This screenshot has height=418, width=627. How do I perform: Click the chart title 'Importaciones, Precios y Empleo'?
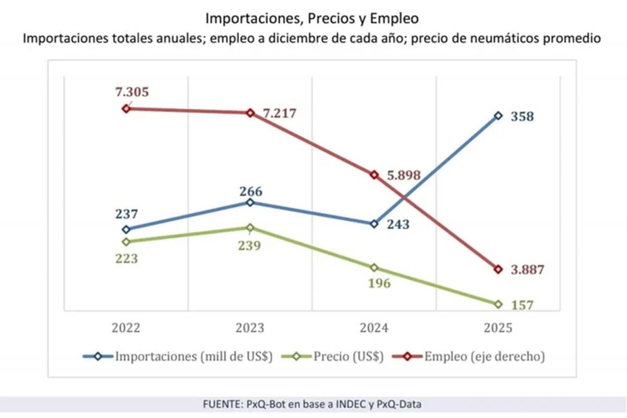[312, 18]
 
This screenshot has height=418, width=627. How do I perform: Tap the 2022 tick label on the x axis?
[126, 328]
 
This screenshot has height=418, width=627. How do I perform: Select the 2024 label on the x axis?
[374, 328]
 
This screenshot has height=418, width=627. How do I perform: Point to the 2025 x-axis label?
[498, 328]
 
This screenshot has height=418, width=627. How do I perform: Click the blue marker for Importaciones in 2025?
[498, 116]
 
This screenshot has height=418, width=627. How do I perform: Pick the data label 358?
[522, 117]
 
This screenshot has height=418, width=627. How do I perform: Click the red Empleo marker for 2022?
[126, 108]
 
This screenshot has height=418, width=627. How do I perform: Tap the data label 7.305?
[132, 92]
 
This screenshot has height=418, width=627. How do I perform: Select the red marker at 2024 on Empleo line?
[374, 175]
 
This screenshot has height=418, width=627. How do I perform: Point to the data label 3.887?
[527, 270]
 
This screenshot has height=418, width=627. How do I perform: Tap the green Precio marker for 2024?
[374, 267]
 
